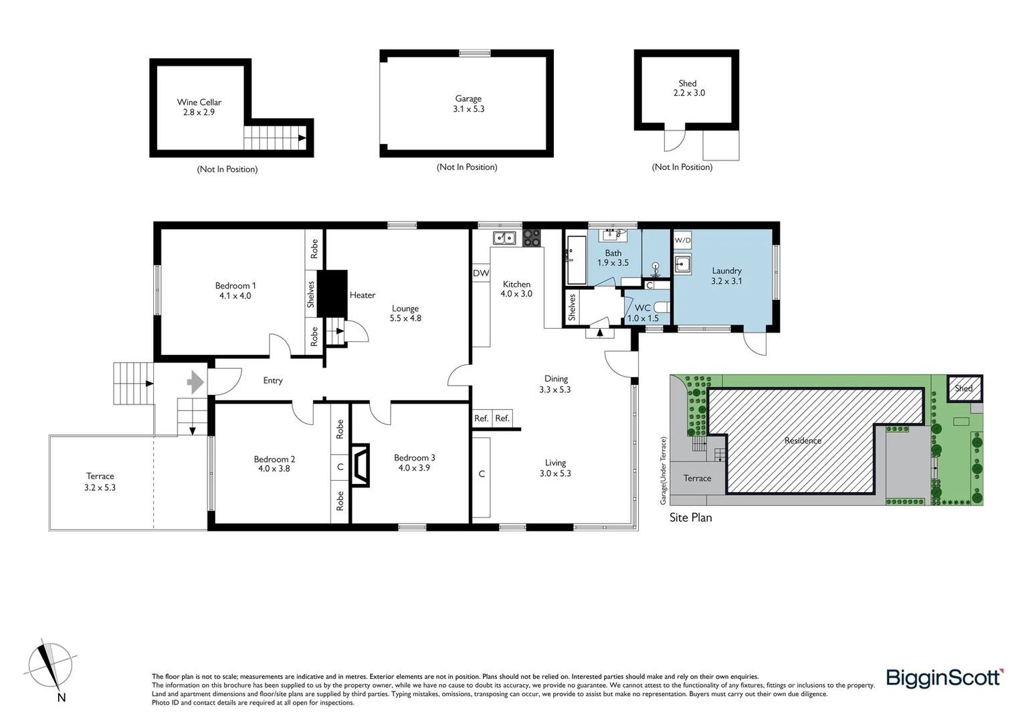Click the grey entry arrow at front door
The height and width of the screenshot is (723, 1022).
point(195,382)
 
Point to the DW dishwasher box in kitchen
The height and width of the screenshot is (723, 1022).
point(481,273)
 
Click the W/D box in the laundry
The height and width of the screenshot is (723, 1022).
point(682,240)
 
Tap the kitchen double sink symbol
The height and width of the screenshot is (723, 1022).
point(504,238)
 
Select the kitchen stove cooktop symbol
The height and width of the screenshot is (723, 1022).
point(532,238)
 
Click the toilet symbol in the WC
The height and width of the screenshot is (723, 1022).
point(660,307)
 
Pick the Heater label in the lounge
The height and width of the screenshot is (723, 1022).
point(362,295)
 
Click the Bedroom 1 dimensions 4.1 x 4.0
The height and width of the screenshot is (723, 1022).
point(235,296)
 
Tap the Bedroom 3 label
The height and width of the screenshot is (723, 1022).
point(414,458)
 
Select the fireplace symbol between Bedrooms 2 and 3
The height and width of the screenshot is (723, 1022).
point(361,464)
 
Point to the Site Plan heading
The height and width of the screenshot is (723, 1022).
point(690,517)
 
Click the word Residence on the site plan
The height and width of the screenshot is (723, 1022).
point(803,440)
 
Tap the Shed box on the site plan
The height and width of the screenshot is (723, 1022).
point(964,388)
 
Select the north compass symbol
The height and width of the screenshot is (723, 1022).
point(50,667)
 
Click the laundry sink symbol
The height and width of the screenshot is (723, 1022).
point(682,263)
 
